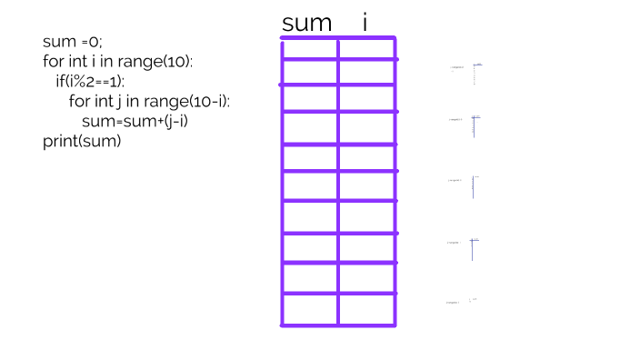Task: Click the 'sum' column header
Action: pos(307,24)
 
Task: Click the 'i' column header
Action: pos(365,23)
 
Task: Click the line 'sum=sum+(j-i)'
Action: pos(140,121)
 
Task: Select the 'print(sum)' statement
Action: pos(81,141)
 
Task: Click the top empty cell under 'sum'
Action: pos(310,50)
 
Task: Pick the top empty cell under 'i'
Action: pos(367,50)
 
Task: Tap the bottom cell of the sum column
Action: pos(310,308)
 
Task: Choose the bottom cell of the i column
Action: pos(367,308)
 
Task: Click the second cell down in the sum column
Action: pos(310,73)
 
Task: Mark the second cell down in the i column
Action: pos(367,73)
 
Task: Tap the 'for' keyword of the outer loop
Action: pos(54,62)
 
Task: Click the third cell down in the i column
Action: pos(367,98)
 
